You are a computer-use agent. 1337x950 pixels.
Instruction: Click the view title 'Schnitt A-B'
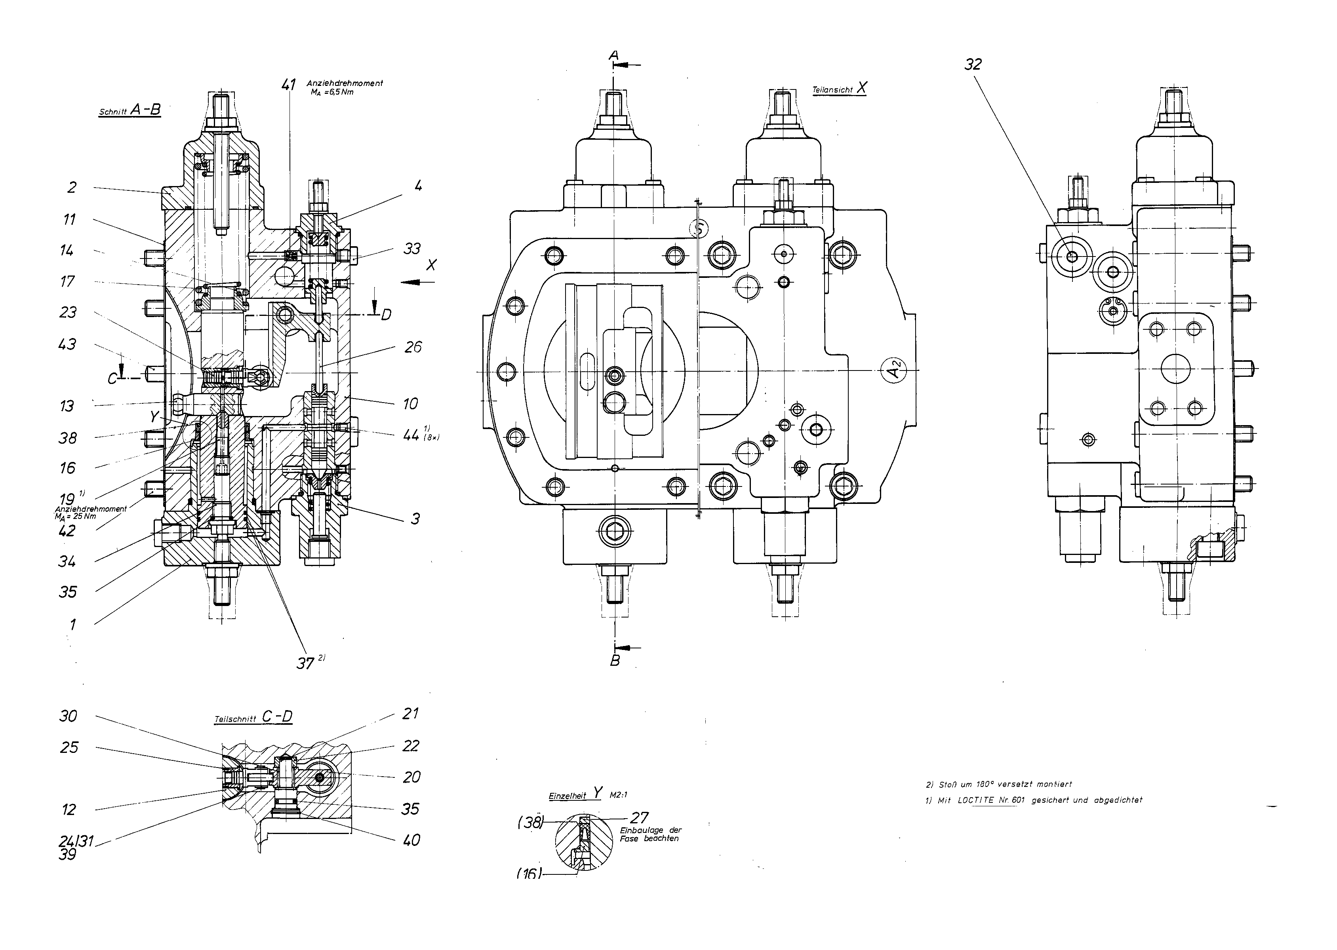click(x=130, y=110)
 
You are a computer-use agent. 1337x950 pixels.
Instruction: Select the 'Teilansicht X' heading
click(x=839, y=89)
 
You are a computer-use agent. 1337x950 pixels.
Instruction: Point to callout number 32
click(x=973, y=65)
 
